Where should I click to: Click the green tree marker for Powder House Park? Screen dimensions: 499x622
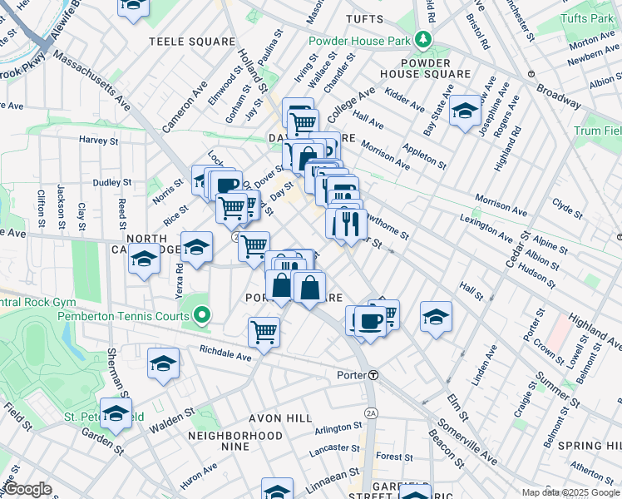coord(424,39)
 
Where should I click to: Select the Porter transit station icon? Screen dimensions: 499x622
coord(374,375)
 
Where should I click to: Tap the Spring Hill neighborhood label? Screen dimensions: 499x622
coord(589,447)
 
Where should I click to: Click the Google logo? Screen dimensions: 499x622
coord(27,489)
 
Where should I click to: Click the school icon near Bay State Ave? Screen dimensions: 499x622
coord(465,110)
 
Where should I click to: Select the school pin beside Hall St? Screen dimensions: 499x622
coord(436,317)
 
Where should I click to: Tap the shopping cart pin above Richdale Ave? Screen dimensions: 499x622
coord(264,332)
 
